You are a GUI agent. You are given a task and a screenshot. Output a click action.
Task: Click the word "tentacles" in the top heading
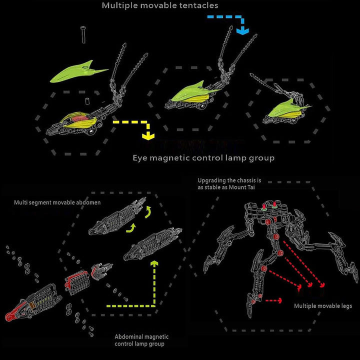(x=198, y=5)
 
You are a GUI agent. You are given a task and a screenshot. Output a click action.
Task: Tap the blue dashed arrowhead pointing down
(x=242, y=31)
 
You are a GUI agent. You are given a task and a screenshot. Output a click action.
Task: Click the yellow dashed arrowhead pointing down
(x=148, y=135)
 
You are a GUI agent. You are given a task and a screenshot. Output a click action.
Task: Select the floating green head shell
(x=78, y=71)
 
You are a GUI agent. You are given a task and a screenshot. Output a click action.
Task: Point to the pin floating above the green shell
(x=83, y=34)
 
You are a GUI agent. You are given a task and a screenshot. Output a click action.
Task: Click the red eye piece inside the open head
(x=79, y=118)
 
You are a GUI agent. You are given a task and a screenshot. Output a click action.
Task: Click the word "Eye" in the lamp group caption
(x=140, y=158)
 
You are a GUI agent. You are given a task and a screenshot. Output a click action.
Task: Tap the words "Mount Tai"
(x=242, y=187)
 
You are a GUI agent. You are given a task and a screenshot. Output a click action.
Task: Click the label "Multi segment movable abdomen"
(x=57, y=202)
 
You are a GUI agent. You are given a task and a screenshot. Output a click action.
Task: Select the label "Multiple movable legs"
(x=323, y=306)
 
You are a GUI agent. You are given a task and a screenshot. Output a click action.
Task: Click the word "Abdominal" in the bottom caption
(x=129, y=337)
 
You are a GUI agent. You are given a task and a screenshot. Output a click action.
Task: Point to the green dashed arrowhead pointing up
(x=154, y=263)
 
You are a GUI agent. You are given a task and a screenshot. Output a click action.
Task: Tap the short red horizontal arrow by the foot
(x=273, y=300)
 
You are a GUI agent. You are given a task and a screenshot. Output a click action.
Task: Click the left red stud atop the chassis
(x=264, y=205)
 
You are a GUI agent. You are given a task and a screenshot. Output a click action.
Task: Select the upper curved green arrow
(x=148, y=211)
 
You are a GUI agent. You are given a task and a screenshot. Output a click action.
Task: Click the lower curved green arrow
(x=131, y=228)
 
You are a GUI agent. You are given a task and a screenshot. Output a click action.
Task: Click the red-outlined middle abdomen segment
(x=76, y=282)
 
